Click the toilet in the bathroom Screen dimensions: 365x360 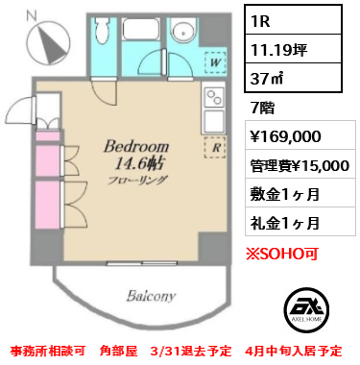coord(105,37)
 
